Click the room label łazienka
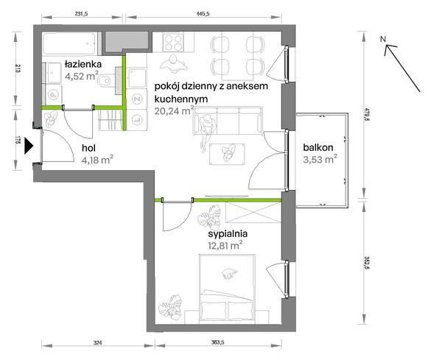[83, 65]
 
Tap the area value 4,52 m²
[82, 76]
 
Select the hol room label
[89, 147]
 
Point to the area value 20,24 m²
[174, 110]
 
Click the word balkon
[318, 147]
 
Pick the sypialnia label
[228, 234]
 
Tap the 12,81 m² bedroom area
[225, 246]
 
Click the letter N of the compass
[382, 40]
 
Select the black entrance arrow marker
[29, 146]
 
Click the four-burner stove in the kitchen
[173, 43]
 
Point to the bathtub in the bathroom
[69, 43]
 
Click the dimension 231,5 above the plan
[82, 14]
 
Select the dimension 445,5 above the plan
[203, 14]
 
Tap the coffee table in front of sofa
[227, 154]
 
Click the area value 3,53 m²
[320, 159]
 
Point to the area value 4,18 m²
[97, 160]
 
